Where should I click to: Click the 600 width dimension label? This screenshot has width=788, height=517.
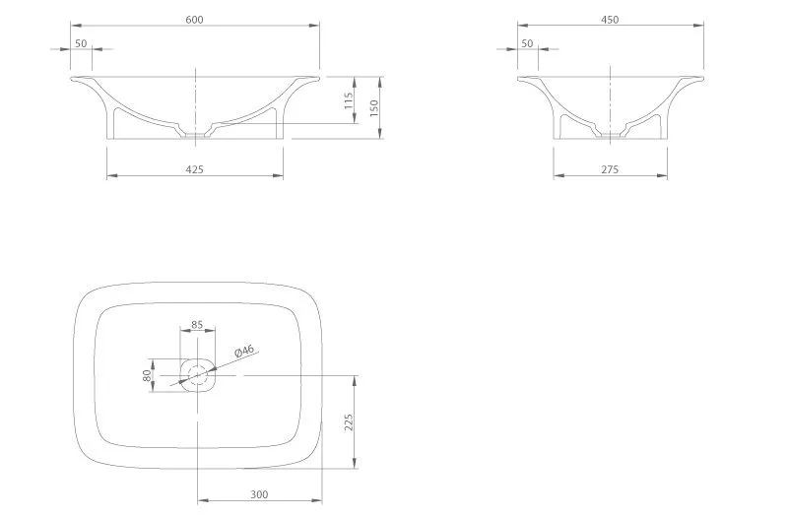pos(194,20)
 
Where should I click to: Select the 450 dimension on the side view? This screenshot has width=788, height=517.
pos(610,20)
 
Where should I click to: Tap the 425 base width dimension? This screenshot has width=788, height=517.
pos(194,169)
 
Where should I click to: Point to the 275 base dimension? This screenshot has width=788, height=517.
pos(610,169)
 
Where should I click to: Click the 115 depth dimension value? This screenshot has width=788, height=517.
pos(349,100)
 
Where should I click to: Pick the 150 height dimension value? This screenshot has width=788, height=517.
pos(373,108)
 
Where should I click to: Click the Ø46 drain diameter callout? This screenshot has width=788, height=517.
pos(244,351)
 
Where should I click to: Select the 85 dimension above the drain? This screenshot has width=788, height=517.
pos(197,325)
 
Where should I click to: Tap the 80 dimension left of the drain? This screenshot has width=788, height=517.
pos(147,375)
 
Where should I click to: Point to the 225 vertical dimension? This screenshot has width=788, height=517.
pos(349,422)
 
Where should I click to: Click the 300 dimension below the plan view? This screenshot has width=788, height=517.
pos(259,494)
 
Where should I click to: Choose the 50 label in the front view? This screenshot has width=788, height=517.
pos(81,43)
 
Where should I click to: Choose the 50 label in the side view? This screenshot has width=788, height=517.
pos(527,43)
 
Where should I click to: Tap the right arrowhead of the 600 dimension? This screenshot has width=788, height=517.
pos(314,26)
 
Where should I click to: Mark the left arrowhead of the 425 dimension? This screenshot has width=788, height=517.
pos(112,176)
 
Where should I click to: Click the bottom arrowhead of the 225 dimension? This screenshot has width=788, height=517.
pos(355,463)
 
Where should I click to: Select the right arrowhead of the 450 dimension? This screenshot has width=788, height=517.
pos(698,26)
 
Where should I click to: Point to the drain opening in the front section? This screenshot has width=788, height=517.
pos(195,135)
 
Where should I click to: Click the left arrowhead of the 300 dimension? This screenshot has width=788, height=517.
pos(203,500)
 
